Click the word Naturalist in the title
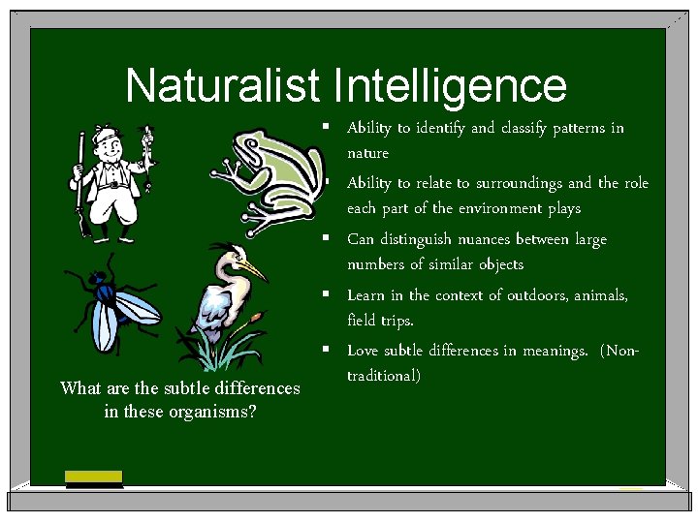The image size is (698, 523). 222,86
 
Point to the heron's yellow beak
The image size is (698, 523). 251,265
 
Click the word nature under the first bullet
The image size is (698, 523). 367,153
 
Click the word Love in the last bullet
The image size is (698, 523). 363,351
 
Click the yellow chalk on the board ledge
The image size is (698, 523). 93,476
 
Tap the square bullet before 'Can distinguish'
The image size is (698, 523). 330,238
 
